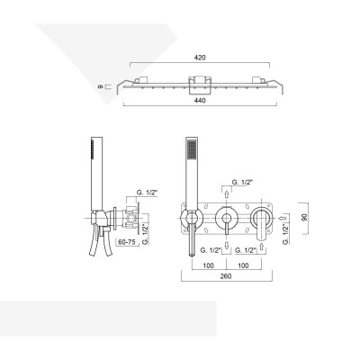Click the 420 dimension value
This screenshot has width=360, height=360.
click(x=200, y=58)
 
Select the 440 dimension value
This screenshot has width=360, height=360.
click(x=200, y=101)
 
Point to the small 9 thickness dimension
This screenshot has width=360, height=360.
click(x=101, y=87)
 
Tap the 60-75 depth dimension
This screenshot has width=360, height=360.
click(x=127, y=242)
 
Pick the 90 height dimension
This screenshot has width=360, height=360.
click(x=305, y=218)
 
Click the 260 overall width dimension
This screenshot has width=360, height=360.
click(x=226, y=276)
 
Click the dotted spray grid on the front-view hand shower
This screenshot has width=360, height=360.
click(x=191, y=149)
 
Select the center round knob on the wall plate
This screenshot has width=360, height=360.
click(x=227, y=218)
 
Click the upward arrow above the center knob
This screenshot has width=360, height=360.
click(x=227, y=194)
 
